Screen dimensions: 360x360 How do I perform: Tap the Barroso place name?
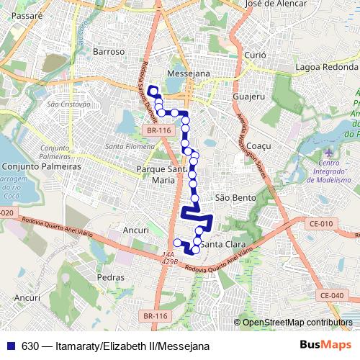tap(109, 52)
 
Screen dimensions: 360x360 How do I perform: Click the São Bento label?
tap(233, 197)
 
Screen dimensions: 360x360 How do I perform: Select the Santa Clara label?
tap(222, 245)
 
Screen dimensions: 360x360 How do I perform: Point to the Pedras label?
tap(110, 276)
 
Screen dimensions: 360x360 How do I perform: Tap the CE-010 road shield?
tap(322, 224)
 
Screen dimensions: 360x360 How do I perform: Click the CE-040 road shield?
tap(332, 295)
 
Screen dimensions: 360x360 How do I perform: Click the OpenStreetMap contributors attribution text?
tap(297, 323)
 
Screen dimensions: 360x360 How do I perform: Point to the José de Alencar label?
tap(276, 4)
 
